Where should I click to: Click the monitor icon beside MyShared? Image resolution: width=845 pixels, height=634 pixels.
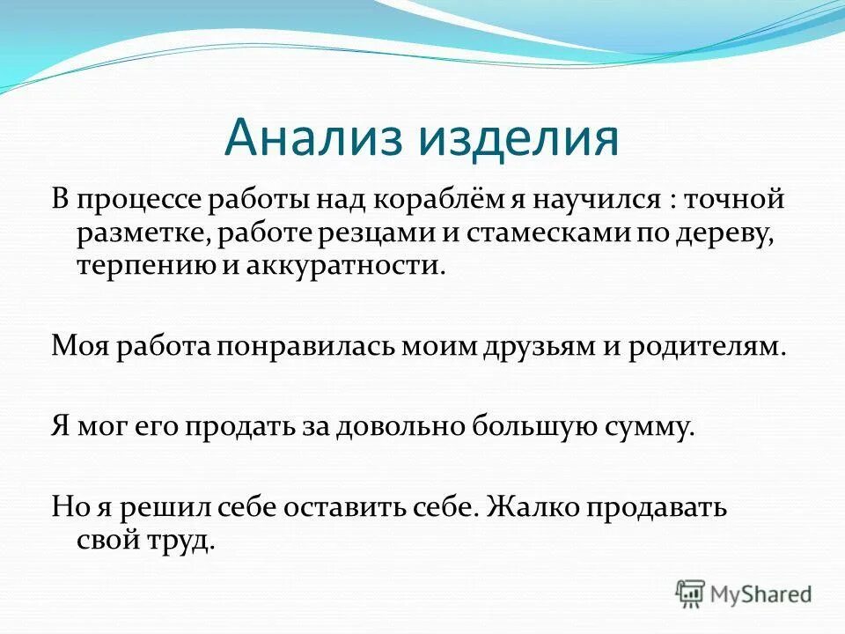click(692, 593)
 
